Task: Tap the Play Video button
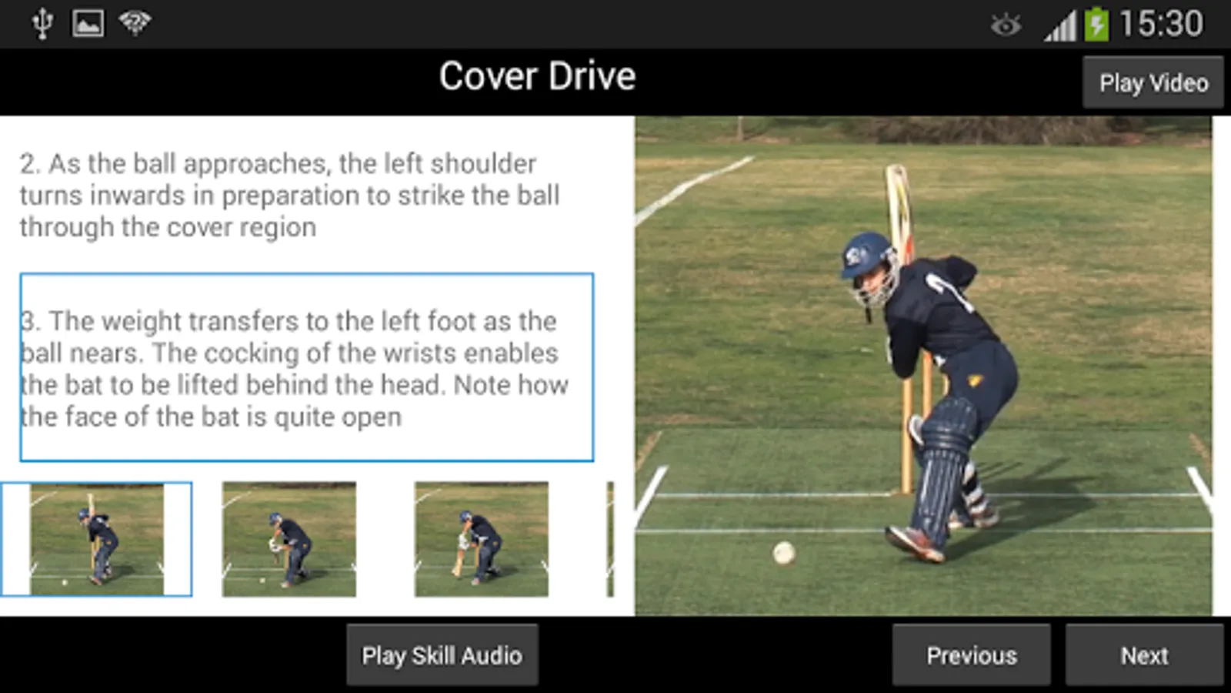coord(1153,82)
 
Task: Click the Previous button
coord(971,655)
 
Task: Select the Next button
coord(1144,655)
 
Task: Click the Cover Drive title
coord(537,77)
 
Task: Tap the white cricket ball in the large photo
coord(783,553)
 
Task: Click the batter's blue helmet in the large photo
coord(866,254)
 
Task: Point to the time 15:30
coord(1161,24)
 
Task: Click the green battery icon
coord(1096,24)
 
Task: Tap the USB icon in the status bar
coord(42,24)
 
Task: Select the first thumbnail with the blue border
coord(96,539)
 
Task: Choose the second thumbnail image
coord(289,539)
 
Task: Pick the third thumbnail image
coord(482,539)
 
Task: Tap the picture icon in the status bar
coord(88,24)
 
